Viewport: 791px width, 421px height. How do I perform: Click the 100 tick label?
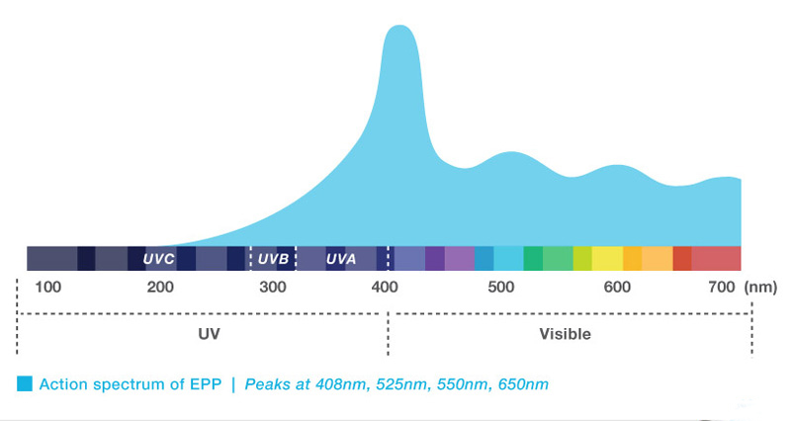[47, 287]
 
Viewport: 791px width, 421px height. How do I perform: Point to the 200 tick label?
[160, 287]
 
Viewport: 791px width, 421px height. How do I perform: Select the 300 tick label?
[273, 287]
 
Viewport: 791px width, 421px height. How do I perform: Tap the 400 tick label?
[385, 287]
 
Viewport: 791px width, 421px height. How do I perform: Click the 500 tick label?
[501, 287]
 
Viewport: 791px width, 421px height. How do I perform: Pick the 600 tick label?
[617, 287]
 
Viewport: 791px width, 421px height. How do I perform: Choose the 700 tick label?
[722, 287]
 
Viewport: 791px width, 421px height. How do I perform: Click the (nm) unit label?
[760, 288]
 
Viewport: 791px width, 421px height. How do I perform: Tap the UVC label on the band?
[158, 259]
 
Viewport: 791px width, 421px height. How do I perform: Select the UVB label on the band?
[274, 259]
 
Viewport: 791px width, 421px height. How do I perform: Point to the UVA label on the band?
[341, 259]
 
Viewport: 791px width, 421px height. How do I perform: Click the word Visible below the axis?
[565, 334]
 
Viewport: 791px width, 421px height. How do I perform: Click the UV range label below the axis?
[209, 334]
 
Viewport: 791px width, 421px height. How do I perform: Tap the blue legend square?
[24, 383]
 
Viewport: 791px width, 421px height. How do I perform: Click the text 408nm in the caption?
[341, 384]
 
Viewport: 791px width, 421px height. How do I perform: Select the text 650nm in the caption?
[523, 384]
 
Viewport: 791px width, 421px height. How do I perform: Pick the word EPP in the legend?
[206, 384]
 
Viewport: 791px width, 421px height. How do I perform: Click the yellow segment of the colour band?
[607, 258]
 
